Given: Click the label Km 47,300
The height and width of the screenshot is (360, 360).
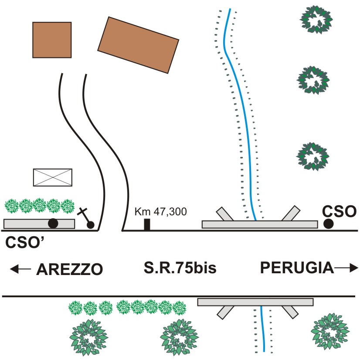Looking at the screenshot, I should click(x=160, y=212).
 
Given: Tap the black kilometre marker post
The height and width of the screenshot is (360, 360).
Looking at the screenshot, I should click(x=147, y=225).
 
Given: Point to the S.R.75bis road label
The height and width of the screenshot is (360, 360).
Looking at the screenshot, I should click(x=180, y=268).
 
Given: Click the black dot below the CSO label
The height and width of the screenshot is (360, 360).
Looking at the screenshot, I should click(x=328, y=224).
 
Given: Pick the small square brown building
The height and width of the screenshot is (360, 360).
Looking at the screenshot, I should click(x=52, y=40).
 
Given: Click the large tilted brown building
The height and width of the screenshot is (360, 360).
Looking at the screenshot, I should click(x=138, y=45).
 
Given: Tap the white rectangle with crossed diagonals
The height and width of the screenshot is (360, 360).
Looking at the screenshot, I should click(x=53, y=177).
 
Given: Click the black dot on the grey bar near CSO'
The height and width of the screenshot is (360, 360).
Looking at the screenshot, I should click(x=53, y=224).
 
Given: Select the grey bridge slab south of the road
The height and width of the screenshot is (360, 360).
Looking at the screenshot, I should click(x=255, y=302).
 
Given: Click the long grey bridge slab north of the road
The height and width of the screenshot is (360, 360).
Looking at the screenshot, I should click(x=260, y=224).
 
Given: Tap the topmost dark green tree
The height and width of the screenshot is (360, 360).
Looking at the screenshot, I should click(x=318, y=20).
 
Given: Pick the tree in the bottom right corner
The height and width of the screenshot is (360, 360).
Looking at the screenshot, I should click(x=330, y=331).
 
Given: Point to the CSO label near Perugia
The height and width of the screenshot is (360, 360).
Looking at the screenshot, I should click(x=340, y=212).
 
